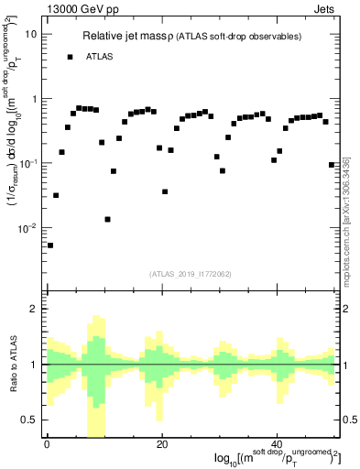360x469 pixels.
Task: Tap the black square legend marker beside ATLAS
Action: pos(70,57)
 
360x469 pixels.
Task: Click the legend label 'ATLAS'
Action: pos(100,57)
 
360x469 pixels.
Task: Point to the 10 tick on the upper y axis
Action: pos(31,34)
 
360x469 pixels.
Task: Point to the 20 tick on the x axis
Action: pos(161,444)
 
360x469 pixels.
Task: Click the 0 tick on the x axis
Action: pos(46,444)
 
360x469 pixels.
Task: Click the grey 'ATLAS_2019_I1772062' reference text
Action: pos(189,273)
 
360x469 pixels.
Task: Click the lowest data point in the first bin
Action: pos(50,245)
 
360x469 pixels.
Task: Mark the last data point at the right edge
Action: pos(331,165)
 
